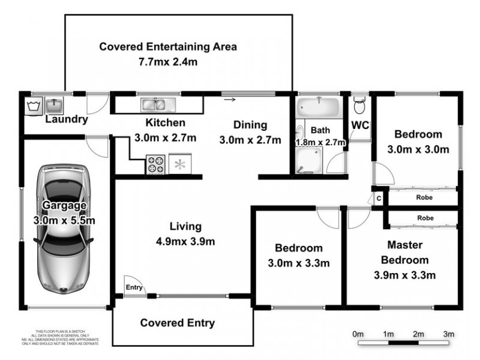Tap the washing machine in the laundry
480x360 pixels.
pyautogui.click(x=32, y=106)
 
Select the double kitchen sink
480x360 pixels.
pyautogui.click(x=156, y=106)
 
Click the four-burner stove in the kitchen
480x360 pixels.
pyautogui.click(x=156, y=164)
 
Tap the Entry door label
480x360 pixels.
pyautogui.click(x=134, y=288)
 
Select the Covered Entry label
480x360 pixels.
pyautogui.click(x=177, y=323)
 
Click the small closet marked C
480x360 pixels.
pyautogui.click(x=379, y=198)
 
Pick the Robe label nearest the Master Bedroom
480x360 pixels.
pyautogui.click(x=425, y=218)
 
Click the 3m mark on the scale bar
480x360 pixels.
pyautogui.click(x=448, y=334)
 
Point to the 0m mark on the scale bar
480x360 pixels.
pyautogui.click(x=358, y=334)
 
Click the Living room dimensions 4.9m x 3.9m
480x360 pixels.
pyautogui.click(x=185, y=242)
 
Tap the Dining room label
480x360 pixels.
pyautogui.click(x=250, y=125)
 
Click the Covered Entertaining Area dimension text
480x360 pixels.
pyautogui.click(x=168, y=61)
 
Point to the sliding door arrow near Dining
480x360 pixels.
pyautogui.click(x=229, y=100)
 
